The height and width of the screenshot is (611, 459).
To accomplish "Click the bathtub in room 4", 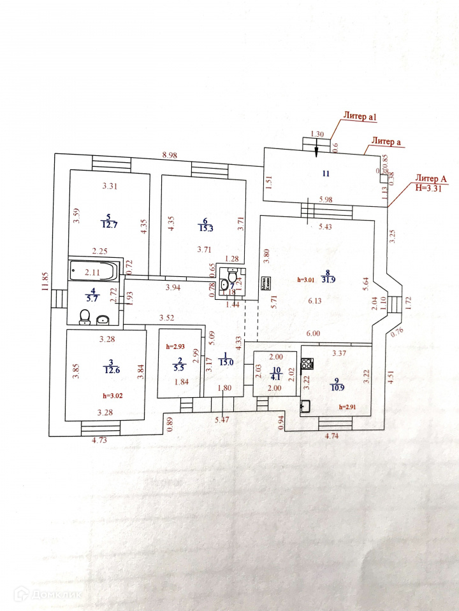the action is [x=94, y=271].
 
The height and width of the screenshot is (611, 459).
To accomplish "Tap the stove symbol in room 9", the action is [x=308, y=365].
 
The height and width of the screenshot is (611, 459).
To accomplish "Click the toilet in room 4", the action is [x=84, y=317].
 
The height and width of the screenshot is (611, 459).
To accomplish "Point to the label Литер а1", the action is [x=361, y=116].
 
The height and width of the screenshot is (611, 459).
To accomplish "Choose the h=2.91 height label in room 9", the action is [x=352, y=406].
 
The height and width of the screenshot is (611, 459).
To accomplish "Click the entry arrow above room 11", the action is [x=317, y=148].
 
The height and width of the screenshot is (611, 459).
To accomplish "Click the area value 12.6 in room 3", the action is [x=111, y=369].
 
